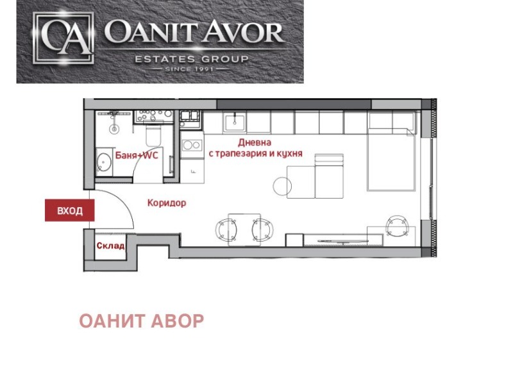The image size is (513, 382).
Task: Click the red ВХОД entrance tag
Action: coord(70,211)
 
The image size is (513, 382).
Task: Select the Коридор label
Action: coord(167,203)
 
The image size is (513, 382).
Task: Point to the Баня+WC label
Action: coord(137,155)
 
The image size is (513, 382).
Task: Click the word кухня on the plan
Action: coord(289,154)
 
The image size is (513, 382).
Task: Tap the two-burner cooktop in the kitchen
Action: coord(191,145)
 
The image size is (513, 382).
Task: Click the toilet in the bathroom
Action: coord(153,135)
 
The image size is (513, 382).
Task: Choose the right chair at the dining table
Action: coord(261,228)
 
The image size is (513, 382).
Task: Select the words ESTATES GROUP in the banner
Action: coord(190,60)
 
